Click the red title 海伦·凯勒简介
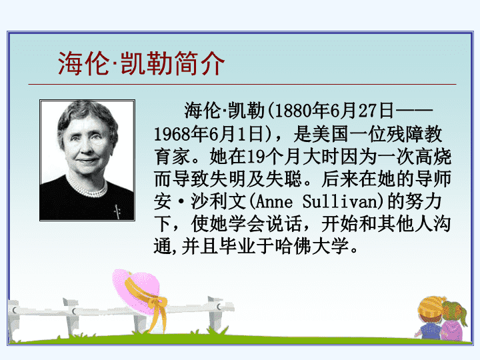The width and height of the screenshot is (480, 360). point(141,63)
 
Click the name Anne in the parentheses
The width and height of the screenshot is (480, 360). point(274,202)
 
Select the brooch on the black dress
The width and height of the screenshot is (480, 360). point(117,211)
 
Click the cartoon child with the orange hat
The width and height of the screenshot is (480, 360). point(429,319)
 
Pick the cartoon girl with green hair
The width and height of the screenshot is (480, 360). point(453,321)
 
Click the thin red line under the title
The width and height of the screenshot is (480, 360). point(242,84)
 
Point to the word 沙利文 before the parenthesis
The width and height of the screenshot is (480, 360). point(218,201)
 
